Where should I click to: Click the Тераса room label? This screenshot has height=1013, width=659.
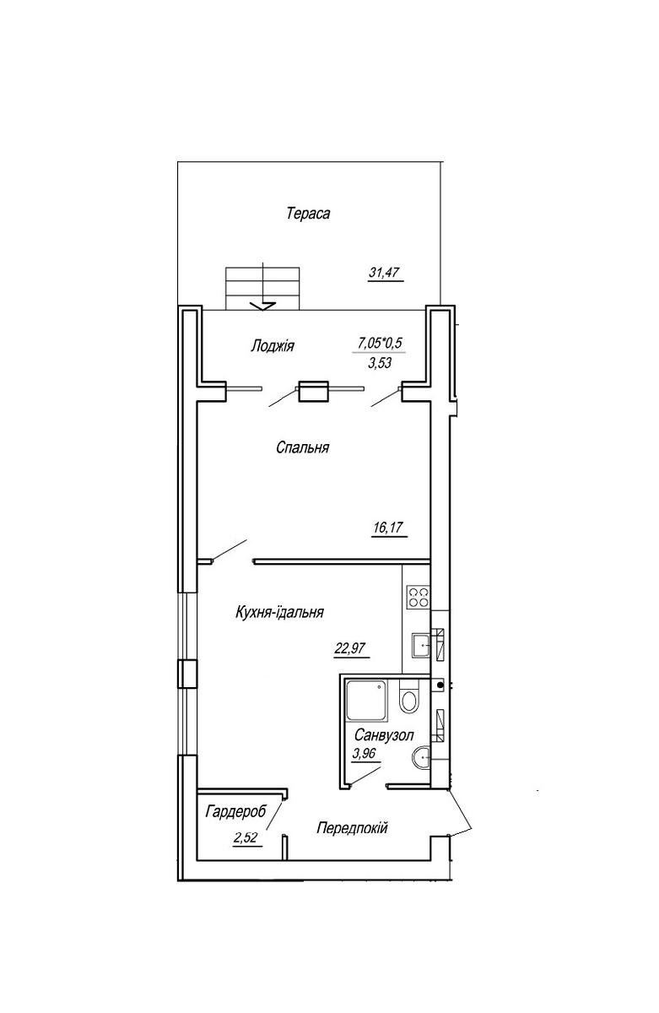tap(308, 213)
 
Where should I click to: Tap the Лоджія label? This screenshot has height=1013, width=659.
tap(272, 346)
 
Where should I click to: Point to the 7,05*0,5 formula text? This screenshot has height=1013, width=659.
tap(380, 344)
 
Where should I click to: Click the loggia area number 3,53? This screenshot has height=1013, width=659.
tap(380, 363)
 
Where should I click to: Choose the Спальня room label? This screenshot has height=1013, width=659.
tap(302, 447)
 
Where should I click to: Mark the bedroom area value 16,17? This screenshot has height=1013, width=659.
tap(388, 528)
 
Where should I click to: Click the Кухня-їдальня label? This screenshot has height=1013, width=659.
tap(279, 612)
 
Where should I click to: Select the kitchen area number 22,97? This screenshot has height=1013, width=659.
tap(349, 648)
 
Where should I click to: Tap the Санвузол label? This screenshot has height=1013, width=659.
tap(384, 735)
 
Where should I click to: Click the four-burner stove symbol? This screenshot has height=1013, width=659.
tap(418, 597)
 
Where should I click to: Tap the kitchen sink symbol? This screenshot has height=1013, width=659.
tap(420, 645)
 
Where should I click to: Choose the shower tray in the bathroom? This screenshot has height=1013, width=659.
tap(366, 700)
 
